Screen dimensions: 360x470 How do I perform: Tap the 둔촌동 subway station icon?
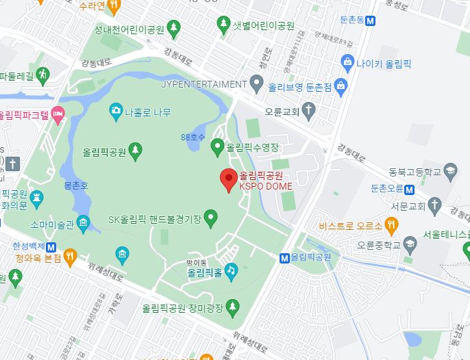click(371, 21)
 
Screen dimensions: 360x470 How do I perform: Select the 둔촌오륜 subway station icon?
click(409, 189)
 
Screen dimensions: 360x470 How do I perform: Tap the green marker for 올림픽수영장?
click(217, 146)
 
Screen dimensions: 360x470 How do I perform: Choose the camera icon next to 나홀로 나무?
click(116, 110)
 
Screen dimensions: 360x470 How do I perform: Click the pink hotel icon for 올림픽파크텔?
click(58, 114)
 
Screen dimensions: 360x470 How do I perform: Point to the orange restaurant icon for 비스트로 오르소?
click(391, 224)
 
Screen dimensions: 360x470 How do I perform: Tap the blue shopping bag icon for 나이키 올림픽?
click(347, 63)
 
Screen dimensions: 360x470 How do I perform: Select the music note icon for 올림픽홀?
click(231, 270)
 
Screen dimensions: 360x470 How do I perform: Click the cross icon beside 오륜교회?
click(309, 110)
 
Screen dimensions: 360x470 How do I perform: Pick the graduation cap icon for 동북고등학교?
click(450, 170)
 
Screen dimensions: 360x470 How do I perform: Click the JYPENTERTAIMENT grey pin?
click(256, 84)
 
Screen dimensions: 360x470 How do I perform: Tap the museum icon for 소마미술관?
click(83, 223)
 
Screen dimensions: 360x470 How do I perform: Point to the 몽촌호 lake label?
click(76, 185)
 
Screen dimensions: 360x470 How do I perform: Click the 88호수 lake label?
click(193, 137)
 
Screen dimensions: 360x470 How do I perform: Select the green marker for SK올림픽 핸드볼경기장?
click(211, 218)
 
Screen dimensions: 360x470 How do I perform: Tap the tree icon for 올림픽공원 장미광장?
click(233, 306)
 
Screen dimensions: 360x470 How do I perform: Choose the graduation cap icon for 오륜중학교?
click(409, 242)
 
